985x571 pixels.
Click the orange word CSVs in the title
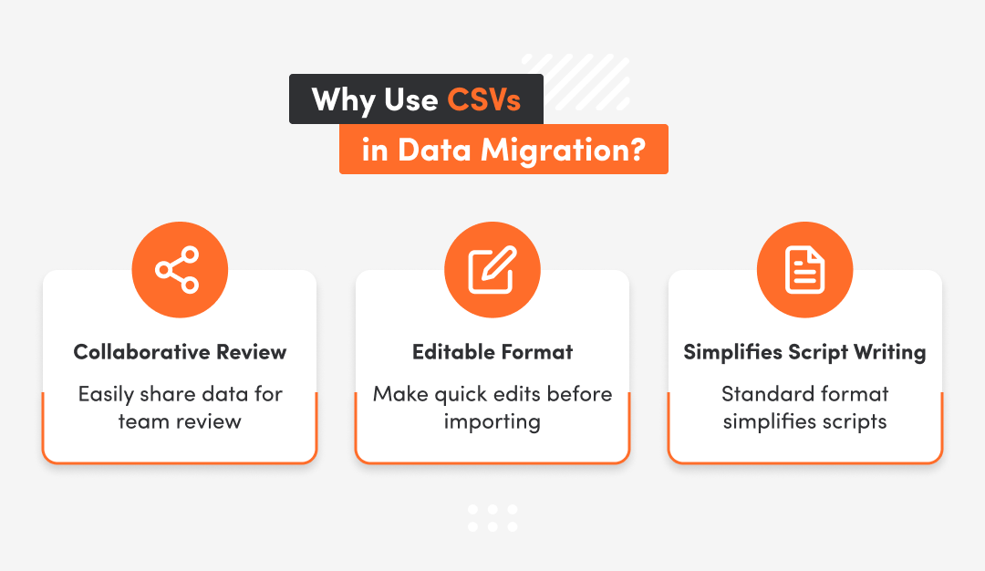pyautogui.click(x=483, y=99)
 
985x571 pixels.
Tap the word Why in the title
pyautogui.click(x=341, y=99)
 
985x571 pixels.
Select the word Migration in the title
pyautogui.click(x=564, y=150)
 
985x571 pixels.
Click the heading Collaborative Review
pyautogui.click(x=180, y=352)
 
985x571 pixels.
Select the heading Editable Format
pyautogui.click(x=493, y=352)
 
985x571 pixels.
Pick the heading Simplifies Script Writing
pyautogui.click(x=804, y=352)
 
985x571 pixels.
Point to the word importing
pyautogui.click(x=493, y=422)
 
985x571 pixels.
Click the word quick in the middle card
pyautogui.click(x=461, y=395)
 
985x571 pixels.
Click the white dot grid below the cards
pyautogui.click(x=493, y=517)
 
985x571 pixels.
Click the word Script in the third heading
pyautogui.click(x=814, y=352)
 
